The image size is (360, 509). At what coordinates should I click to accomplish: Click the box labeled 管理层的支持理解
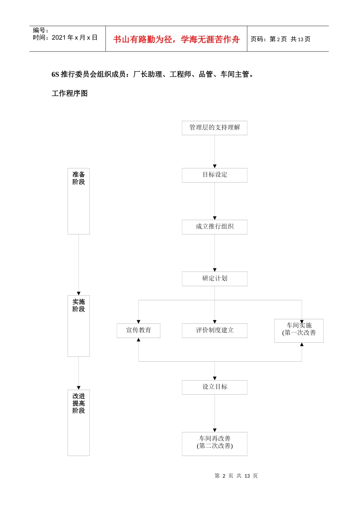pyautogui.click(x=214, y=128)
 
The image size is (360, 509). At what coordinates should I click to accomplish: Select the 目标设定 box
pyautogui.click(x=214, y=175)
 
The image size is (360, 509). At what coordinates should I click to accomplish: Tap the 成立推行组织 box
pyautogui.click(x=214, y=227)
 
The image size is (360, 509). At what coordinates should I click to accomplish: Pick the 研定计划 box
pyautogui.click(x=214, y=278)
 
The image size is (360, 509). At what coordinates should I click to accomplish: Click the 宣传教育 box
pyautogui.click(x=138, y=330)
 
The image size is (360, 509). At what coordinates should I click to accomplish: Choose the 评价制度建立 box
pyautogui.click(x=214, y=330)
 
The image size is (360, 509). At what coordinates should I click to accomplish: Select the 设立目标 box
pyautogui.click(x=214, y=387)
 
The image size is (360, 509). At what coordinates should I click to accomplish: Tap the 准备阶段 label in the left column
pyautogui.click(x=78, y=178)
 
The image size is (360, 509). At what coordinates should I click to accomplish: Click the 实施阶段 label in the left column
pyautogui.click(x=78, y=306)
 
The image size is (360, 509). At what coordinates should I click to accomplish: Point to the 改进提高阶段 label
pyautogui.click(x=78, y=403)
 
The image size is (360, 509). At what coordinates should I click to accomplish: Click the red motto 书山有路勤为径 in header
pyautogui.click(x=176, y=39)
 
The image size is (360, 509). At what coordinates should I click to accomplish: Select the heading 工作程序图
pyautogui.click(x=69, y=93)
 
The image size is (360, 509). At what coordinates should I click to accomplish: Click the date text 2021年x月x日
pyautogui.click(x=74, y=37)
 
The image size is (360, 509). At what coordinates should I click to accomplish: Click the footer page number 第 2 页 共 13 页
pyautogui.click(x=236, y=476)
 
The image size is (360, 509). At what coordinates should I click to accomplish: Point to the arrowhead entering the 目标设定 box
pyautogui.click(x=214, y=166)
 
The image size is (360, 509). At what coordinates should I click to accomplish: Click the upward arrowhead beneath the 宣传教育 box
pyautogui.click(x=138, y=340)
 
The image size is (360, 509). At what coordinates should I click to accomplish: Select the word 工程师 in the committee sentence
pyautogui.click(x=180, y=74)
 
